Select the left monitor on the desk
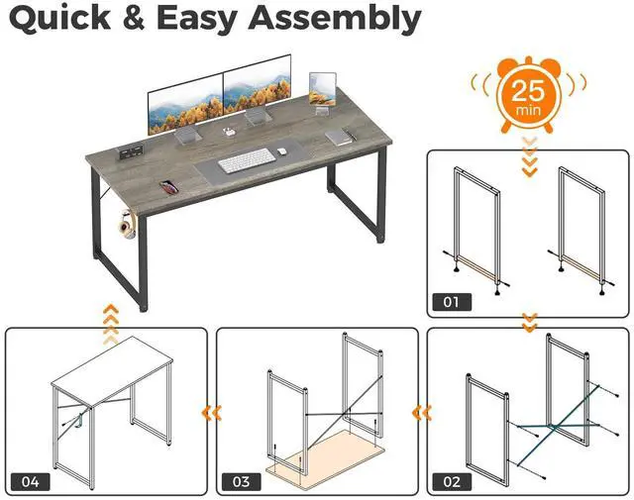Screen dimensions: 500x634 pos(185,107)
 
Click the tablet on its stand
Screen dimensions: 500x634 pos(321,86)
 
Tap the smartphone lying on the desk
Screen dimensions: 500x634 pos(167,183)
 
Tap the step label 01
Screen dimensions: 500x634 pos(451,300)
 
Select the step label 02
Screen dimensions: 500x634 pos(451,481)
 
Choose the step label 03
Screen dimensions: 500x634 pos(240,481)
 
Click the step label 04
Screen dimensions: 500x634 pos(30,481)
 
